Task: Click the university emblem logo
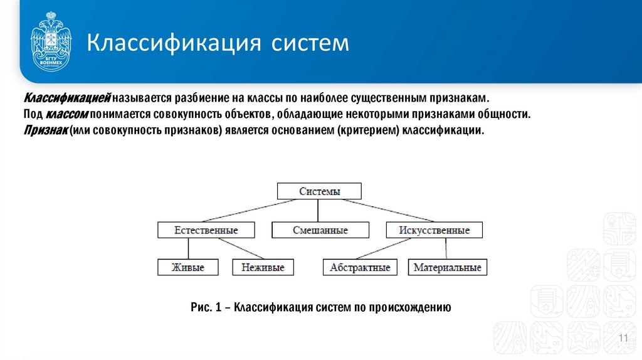[x=51, y=44]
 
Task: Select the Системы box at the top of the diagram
[x=319, y=191]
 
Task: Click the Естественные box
[x=206, y=230]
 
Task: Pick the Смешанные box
[x=320, y=230]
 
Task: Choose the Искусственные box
[x=434, y=230]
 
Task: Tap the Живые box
[x=188, y=267]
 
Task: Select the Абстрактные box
[x=360, y=267]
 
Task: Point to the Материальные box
[x=448, y=267]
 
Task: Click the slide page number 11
[x=623, y=339]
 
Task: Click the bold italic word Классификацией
[x=67, y=100]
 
